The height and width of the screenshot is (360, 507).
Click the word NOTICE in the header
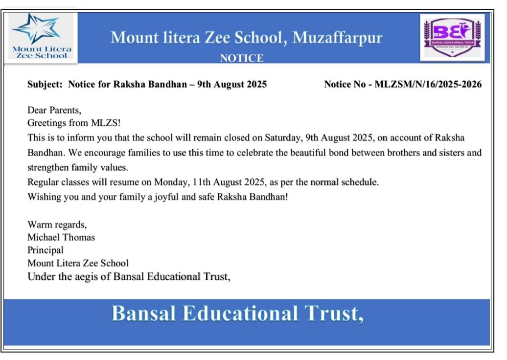(x=242, y=58)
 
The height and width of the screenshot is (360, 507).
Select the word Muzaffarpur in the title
(x=337, y=38)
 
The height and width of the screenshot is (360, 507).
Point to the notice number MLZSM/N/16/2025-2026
(x=428, y=84)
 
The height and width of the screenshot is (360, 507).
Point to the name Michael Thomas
(x=61, y=237)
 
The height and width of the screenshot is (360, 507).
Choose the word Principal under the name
(x=46, y=250)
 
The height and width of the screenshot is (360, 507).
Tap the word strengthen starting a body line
(x=49, y=168)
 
